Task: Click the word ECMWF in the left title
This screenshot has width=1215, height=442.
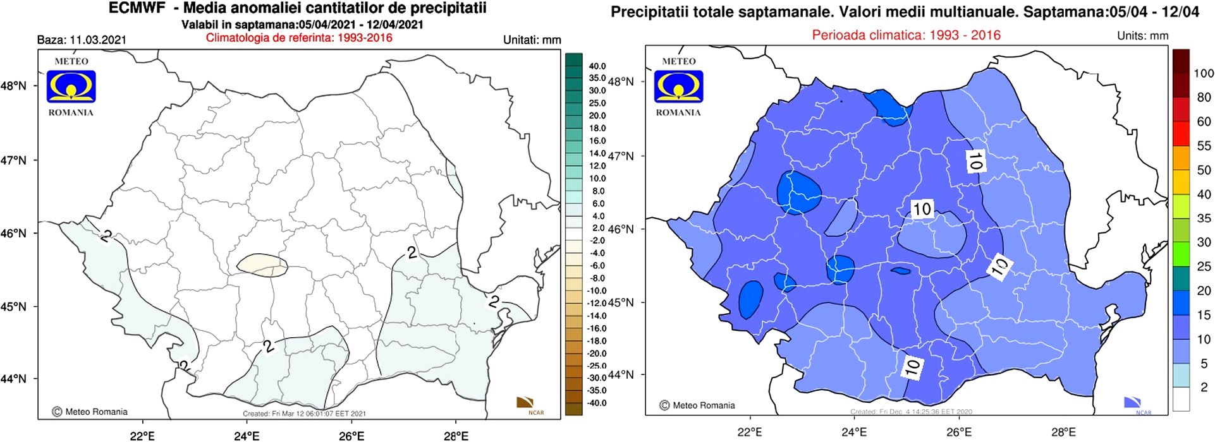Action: pos(137,8)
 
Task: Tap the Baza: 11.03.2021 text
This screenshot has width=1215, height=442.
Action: pos(82,40)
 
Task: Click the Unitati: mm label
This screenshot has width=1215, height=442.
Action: pos(532,40)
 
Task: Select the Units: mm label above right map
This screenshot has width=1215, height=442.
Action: pos(1142,35)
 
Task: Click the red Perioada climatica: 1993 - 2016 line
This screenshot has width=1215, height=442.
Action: pos(906,35)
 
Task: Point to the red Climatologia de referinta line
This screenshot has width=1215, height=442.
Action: pos(299,37)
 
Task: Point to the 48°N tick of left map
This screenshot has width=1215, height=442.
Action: pos(14,86)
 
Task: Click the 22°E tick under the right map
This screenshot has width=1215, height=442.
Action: pos(750,432)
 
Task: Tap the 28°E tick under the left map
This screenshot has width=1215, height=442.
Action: pos(456,435)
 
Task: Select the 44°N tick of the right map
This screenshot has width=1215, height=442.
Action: pos(621,374)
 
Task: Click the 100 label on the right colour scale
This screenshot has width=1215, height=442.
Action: pos(1204,73)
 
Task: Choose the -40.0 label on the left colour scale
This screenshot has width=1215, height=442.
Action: pos(597,403)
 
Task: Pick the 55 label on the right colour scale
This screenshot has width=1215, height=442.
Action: pos(1204,146)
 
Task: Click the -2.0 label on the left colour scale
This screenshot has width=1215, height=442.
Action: pos(597,241)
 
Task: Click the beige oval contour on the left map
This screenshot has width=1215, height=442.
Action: pos(262,265)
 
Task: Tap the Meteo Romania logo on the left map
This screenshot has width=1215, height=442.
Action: pos(71,87)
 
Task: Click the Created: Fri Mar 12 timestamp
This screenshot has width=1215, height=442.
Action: pos(304,414)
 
